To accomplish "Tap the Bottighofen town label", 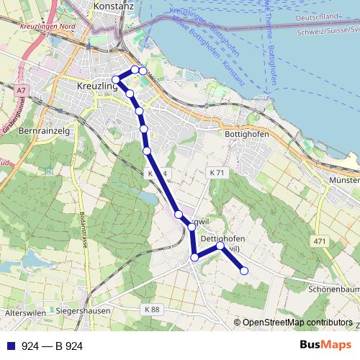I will [x=247, y=135].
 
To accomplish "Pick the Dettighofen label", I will [x=223, y=238].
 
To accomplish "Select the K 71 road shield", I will [x=219, y=174].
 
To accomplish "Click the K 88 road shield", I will [x=152, y=309].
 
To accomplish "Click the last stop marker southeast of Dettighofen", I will [x=243, y=271].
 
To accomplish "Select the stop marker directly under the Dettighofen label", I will [x=220, y=247].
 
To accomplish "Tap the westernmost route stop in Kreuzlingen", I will [x=116, y=79].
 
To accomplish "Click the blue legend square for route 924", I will [x=11, y=346].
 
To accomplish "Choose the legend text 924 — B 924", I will [x=53, y=346].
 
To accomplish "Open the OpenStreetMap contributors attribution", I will [x=297, y=323].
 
